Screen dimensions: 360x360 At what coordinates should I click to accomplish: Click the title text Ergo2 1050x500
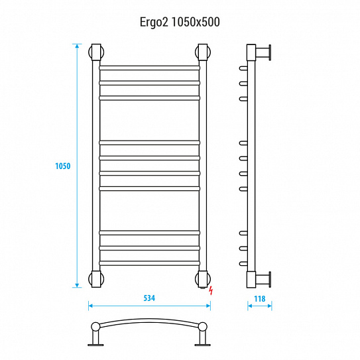pos(180,23)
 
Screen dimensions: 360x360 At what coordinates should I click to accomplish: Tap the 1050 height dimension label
pos(63,166)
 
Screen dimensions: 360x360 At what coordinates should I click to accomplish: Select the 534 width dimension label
pos(149,298)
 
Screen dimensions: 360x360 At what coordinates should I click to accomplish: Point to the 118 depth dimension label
pos(260,299)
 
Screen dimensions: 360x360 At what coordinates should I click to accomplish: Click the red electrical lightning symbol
pos(211,290)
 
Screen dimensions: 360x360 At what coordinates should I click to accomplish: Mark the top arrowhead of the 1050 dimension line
pos(77,46)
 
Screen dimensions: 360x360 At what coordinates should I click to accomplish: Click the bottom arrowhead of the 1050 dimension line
pos(77,285)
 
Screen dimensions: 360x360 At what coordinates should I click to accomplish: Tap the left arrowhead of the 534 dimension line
pos(90,306)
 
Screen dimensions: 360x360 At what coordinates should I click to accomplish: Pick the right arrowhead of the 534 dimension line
pos(208,306)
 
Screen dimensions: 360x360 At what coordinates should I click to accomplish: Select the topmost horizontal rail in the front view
pos(149,68)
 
